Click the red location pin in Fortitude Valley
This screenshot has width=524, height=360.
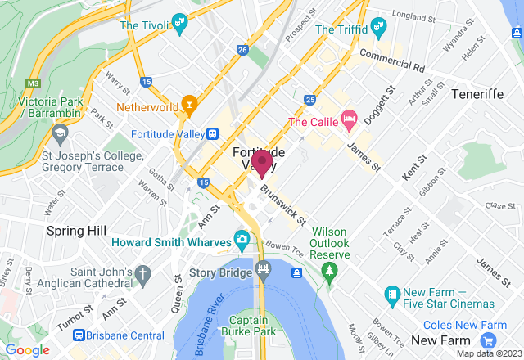[262, 162]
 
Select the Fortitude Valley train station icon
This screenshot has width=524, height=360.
[211, 134]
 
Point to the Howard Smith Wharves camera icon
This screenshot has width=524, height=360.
[242, 239]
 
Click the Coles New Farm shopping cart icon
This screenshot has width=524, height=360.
[489, 340]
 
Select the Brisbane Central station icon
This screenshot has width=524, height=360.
[79, 335]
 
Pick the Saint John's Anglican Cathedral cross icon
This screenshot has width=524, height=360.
[143, 273]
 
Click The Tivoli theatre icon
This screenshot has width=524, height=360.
[178, 25]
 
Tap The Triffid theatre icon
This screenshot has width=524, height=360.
[377, 28]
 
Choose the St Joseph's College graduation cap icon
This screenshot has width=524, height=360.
[60, 132]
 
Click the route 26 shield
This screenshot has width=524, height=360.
[242, 50]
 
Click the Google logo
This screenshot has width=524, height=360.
[27, 350]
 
